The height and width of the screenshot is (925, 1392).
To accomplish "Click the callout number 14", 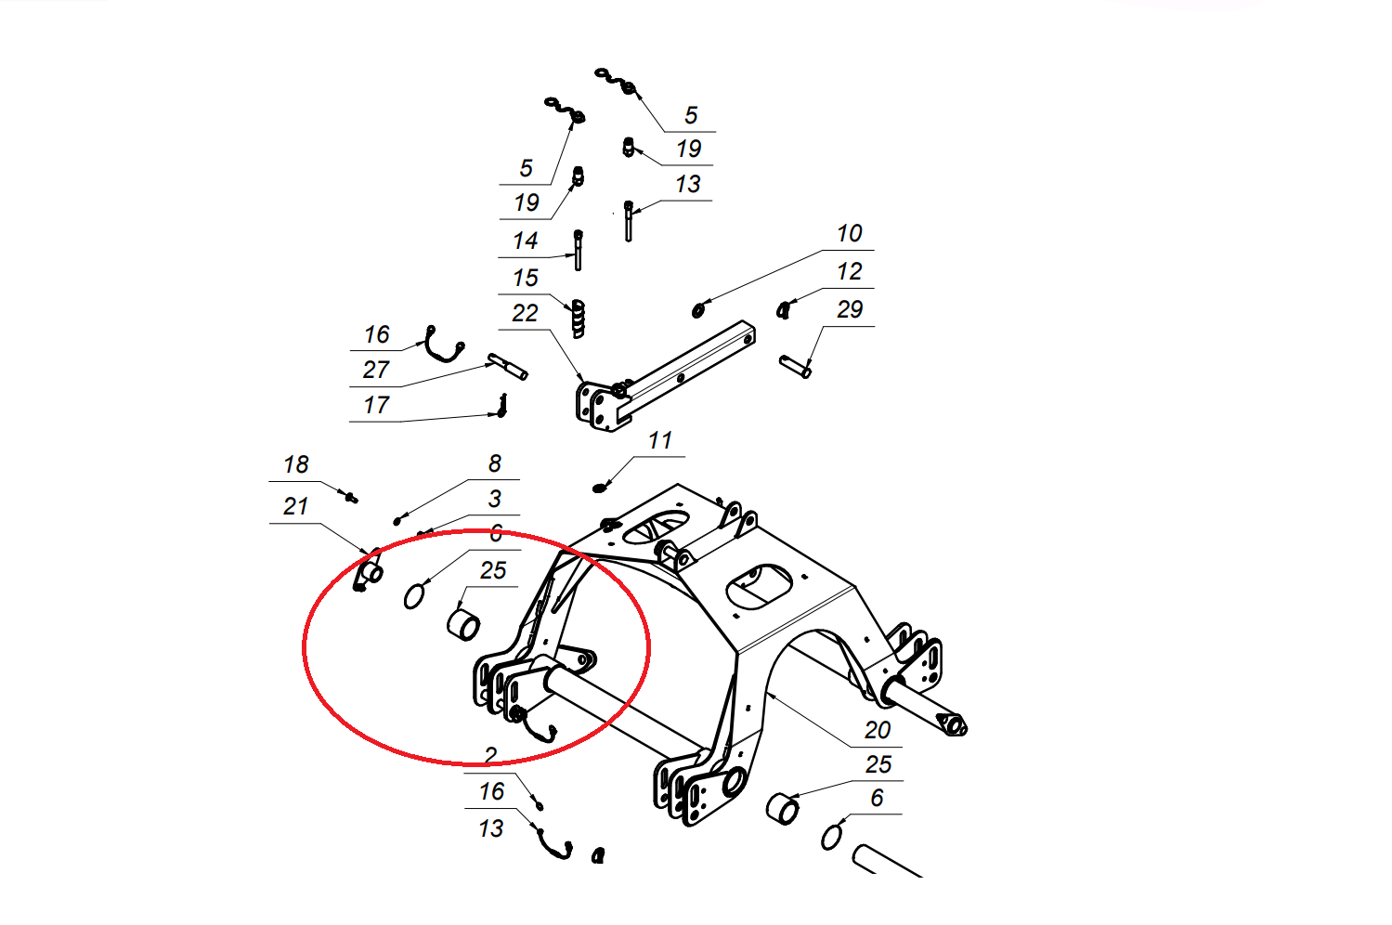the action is point(525,241).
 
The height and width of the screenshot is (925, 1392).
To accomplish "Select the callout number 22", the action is point(525,313).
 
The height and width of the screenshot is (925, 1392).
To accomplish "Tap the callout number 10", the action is point(850,234).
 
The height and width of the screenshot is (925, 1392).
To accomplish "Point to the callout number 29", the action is point(850,309).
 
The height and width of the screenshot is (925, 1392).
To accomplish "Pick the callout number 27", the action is point(376,370).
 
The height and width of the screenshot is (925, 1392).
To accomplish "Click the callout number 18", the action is point(296,464).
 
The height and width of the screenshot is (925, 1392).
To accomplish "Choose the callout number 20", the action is point(878,730).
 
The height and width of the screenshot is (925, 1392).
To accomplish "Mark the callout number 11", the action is point(660,441).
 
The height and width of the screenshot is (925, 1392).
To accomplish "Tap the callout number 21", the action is point(296,506).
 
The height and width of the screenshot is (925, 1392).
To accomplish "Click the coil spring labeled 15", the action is point(579,319).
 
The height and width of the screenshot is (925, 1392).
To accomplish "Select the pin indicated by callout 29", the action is point(795,366).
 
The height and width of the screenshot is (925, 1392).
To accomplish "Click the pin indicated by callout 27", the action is point(508,366).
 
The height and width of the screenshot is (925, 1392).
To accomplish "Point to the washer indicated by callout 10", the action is point(698,309).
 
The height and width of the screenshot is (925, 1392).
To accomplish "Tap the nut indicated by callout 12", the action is point(784,309).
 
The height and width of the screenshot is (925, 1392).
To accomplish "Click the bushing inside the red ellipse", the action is point(463,625).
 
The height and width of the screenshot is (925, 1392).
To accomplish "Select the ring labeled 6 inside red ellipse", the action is point(414,596).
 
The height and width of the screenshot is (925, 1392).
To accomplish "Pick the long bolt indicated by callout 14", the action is point(579,250).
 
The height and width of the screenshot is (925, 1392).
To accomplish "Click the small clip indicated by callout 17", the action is point(502,406).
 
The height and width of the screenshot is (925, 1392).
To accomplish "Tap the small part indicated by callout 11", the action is point(599,488).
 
